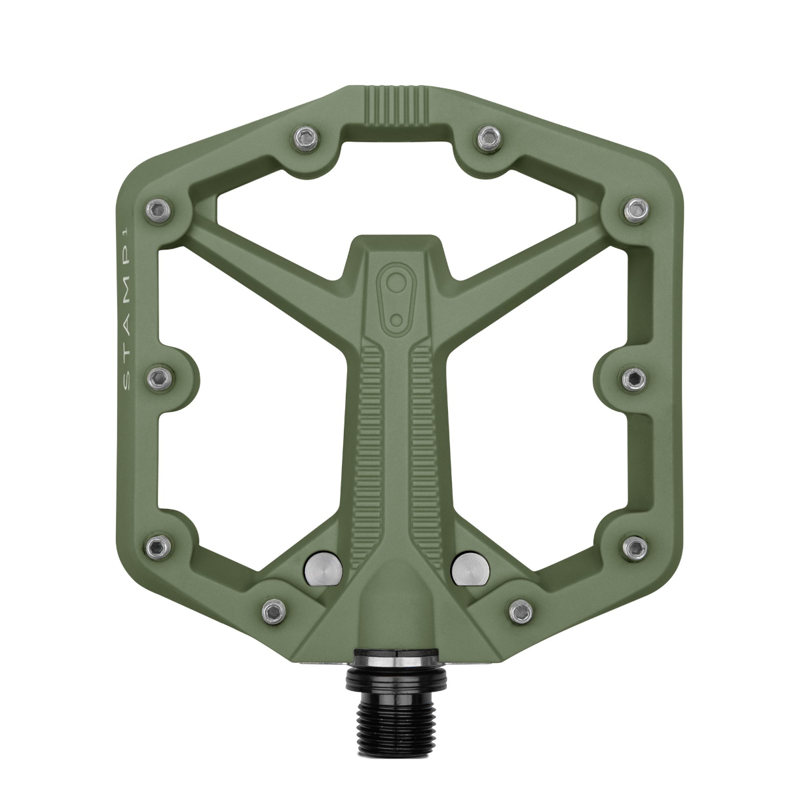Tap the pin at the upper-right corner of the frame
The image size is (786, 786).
633,209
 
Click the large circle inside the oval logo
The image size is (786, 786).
394,283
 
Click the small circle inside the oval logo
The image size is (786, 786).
396,319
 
